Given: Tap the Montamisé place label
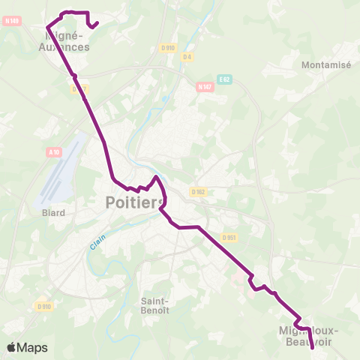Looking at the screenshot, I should tap(325, 65).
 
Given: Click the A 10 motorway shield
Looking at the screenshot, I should tap(53, 152).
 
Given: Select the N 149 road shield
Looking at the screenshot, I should tap(11, 21).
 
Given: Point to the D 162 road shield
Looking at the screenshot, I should tap(198, 191).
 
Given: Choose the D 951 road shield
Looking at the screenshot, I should tap(229, 238).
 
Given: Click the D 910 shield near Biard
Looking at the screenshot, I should tap(44, 306).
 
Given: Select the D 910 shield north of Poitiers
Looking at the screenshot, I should tap(168, 48).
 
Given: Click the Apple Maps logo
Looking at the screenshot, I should tap(27, 347).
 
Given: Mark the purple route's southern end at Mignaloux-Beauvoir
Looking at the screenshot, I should tap(312, 347).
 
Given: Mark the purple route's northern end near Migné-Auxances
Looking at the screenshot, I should tap(98, 22).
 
